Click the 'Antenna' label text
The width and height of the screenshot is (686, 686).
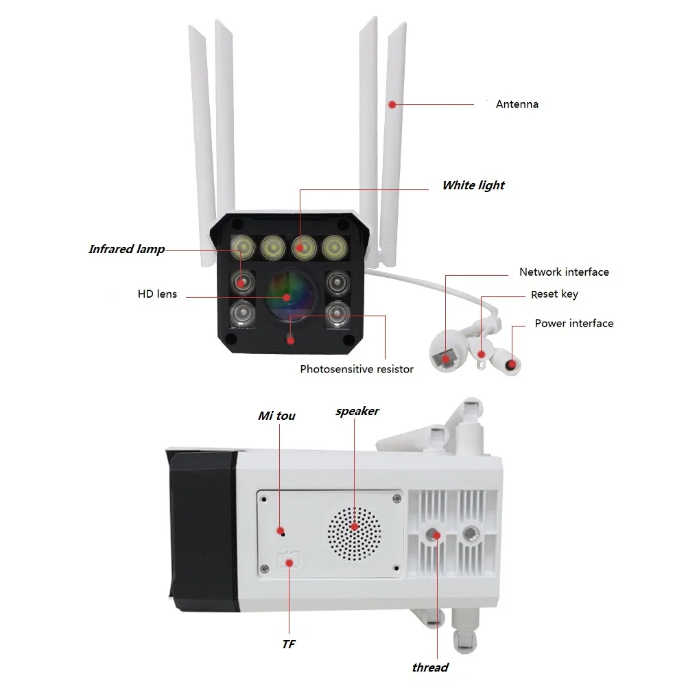517,104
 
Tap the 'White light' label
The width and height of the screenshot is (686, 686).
473,185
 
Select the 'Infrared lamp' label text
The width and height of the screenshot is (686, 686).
126,249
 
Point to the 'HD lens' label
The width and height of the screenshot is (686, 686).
157,294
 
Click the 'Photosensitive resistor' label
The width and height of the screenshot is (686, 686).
357,369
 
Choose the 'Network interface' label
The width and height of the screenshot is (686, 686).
564,272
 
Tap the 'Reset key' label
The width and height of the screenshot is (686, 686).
554,294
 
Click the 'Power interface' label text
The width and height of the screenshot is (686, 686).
573,323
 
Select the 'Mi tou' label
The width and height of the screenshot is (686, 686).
276,416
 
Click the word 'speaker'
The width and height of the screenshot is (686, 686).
357,411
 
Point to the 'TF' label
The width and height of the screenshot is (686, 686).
288,645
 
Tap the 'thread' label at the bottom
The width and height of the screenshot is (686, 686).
430,667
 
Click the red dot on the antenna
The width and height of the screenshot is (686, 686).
392,105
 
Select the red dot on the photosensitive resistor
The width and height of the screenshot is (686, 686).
291,340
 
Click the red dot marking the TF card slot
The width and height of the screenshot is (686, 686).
290,563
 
